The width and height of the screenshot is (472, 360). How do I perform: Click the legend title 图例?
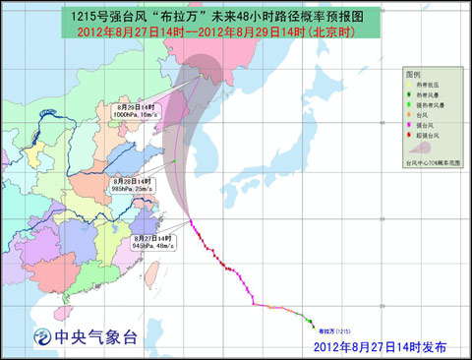[413, 75]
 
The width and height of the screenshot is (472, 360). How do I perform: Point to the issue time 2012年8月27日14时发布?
[380, 347]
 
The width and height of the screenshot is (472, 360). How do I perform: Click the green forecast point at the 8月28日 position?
[173, 162]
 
